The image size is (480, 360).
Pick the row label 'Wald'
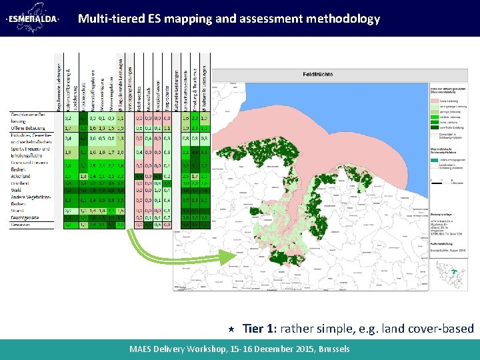[x=16, y=190]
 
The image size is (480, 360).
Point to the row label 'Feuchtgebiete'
[x=26, y=218]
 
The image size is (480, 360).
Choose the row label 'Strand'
[x=18, y=210]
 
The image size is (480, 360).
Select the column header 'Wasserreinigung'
[x=103, y=89]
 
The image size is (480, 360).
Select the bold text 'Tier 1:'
[x=259, y=328]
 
